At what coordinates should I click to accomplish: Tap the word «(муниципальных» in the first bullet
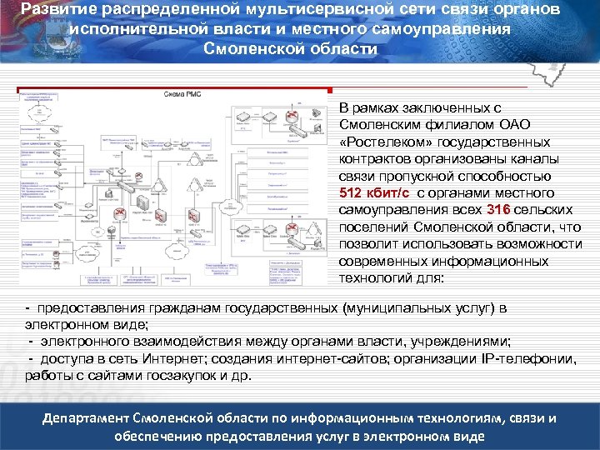coord(392,307)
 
